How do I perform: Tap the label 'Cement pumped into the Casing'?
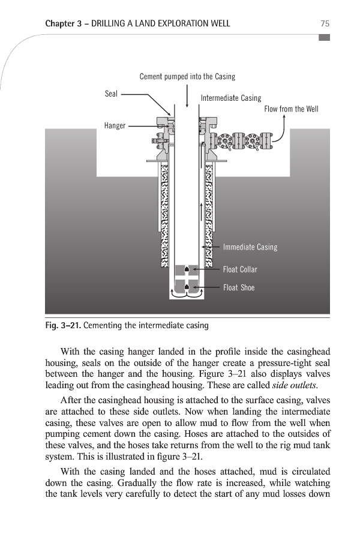(187, 77)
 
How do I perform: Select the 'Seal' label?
(111, 94)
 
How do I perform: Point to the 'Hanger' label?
(114, 126)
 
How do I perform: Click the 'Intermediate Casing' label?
(231, 98)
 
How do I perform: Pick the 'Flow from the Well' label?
(291, 109)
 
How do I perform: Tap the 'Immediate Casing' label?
(250, 247)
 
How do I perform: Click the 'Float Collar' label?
(240, 269)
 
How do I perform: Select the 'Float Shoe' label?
(239, 288)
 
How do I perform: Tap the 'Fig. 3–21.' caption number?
(62, 326)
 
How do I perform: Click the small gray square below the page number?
(325, 37)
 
